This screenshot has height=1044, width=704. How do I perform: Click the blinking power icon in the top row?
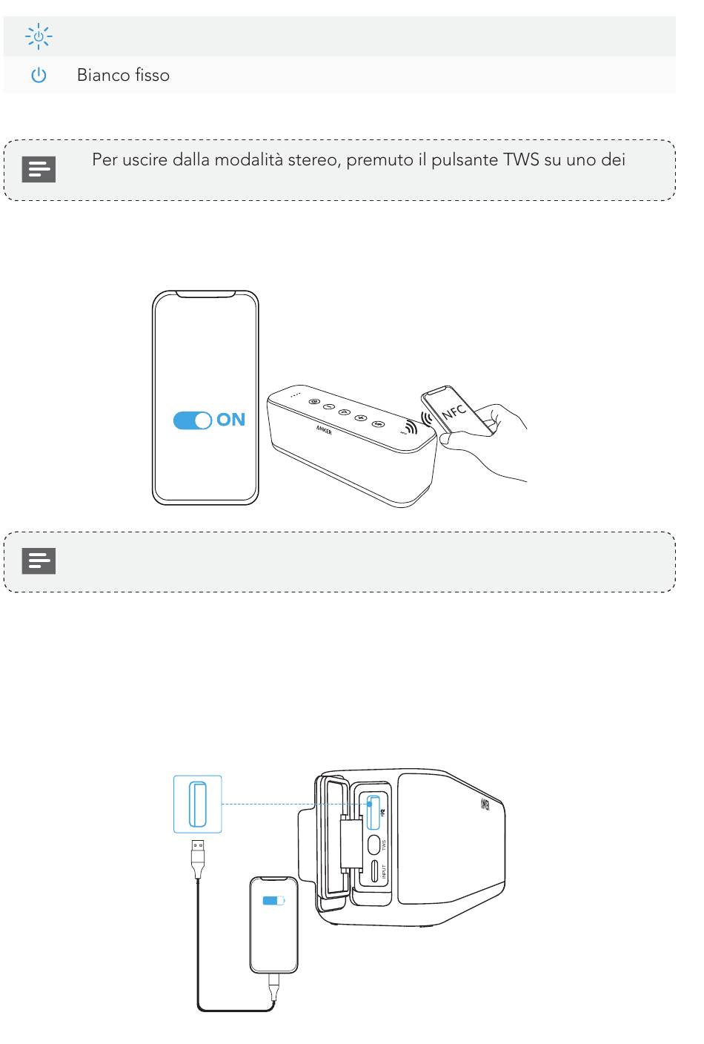coord(38,36)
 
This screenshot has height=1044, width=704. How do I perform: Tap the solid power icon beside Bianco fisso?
coord(39,76)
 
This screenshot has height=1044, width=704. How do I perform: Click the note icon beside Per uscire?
coord(39,170)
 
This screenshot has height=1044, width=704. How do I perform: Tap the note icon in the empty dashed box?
coord(39,561)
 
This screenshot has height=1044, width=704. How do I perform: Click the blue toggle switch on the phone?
coord(193,420)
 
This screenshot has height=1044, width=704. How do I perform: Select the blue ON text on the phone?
coord(230,420)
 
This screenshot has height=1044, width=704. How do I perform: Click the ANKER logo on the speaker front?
coord(324,430)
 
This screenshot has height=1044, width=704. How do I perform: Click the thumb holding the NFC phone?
coord(447,440)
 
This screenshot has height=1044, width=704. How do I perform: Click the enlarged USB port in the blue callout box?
coord(197,804)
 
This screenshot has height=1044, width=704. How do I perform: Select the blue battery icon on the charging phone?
coord(273,901)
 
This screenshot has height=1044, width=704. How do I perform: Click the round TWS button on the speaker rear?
coord(373,843)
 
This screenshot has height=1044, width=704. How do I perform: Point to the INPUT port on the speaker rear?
coord(373,873)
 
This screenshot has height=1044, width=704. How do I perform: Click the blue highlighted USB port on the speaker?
coord(373,811)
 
